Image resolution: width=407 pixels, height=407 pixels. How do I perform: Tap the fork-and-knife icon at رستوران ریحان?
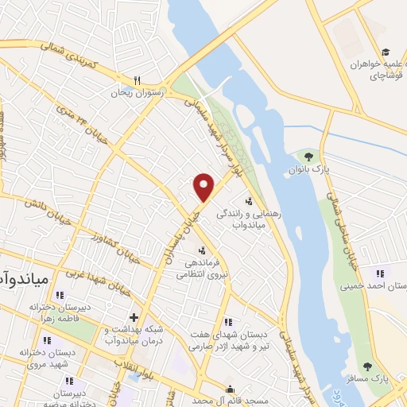pos(138,80)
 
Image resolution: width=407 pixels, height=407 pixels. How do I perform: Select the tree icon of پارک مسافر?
pos(366,366)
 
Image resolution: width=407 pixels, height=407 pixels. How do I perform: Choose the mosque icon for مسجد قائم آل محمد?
pos(230,390)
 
